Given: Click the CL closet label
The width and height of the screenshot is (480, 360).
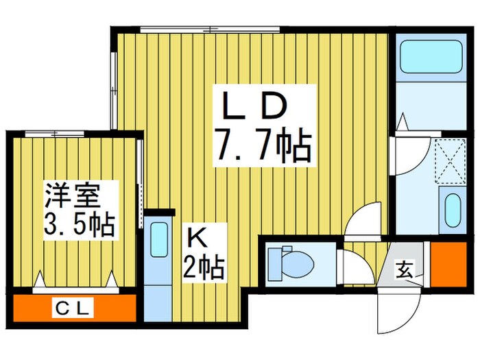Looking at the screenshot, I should point(73,308).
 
